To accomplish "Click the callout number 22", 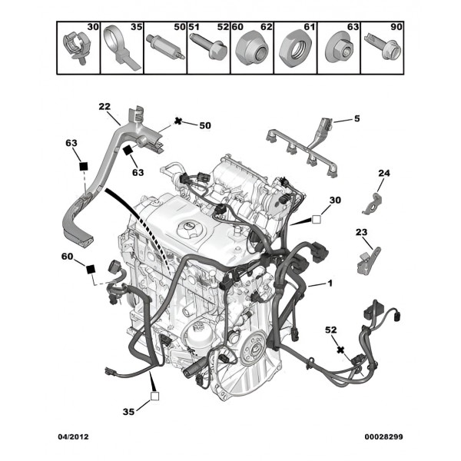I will [x=104, y=107].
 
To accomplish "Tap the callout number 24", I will [x=384, y=173].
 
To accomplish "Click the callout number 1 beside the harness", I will [x=330, y=284].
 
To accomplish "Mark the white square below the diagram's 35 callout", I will [x=154, y=396].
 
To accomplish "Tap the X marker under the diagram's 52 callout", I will [x=340, y=349].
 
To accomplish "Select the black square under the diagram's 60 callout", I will [x=91, y=268].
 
